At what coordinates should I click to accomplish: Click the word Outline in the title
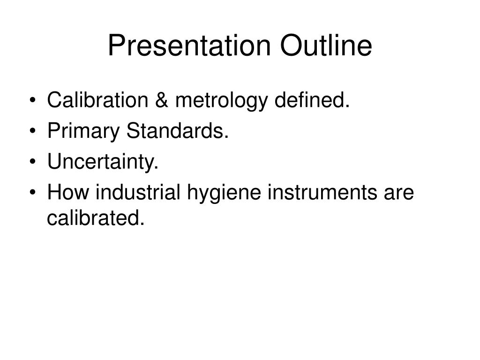click(326, 46)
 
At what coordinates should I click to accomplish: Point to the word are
click(399, 193)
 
